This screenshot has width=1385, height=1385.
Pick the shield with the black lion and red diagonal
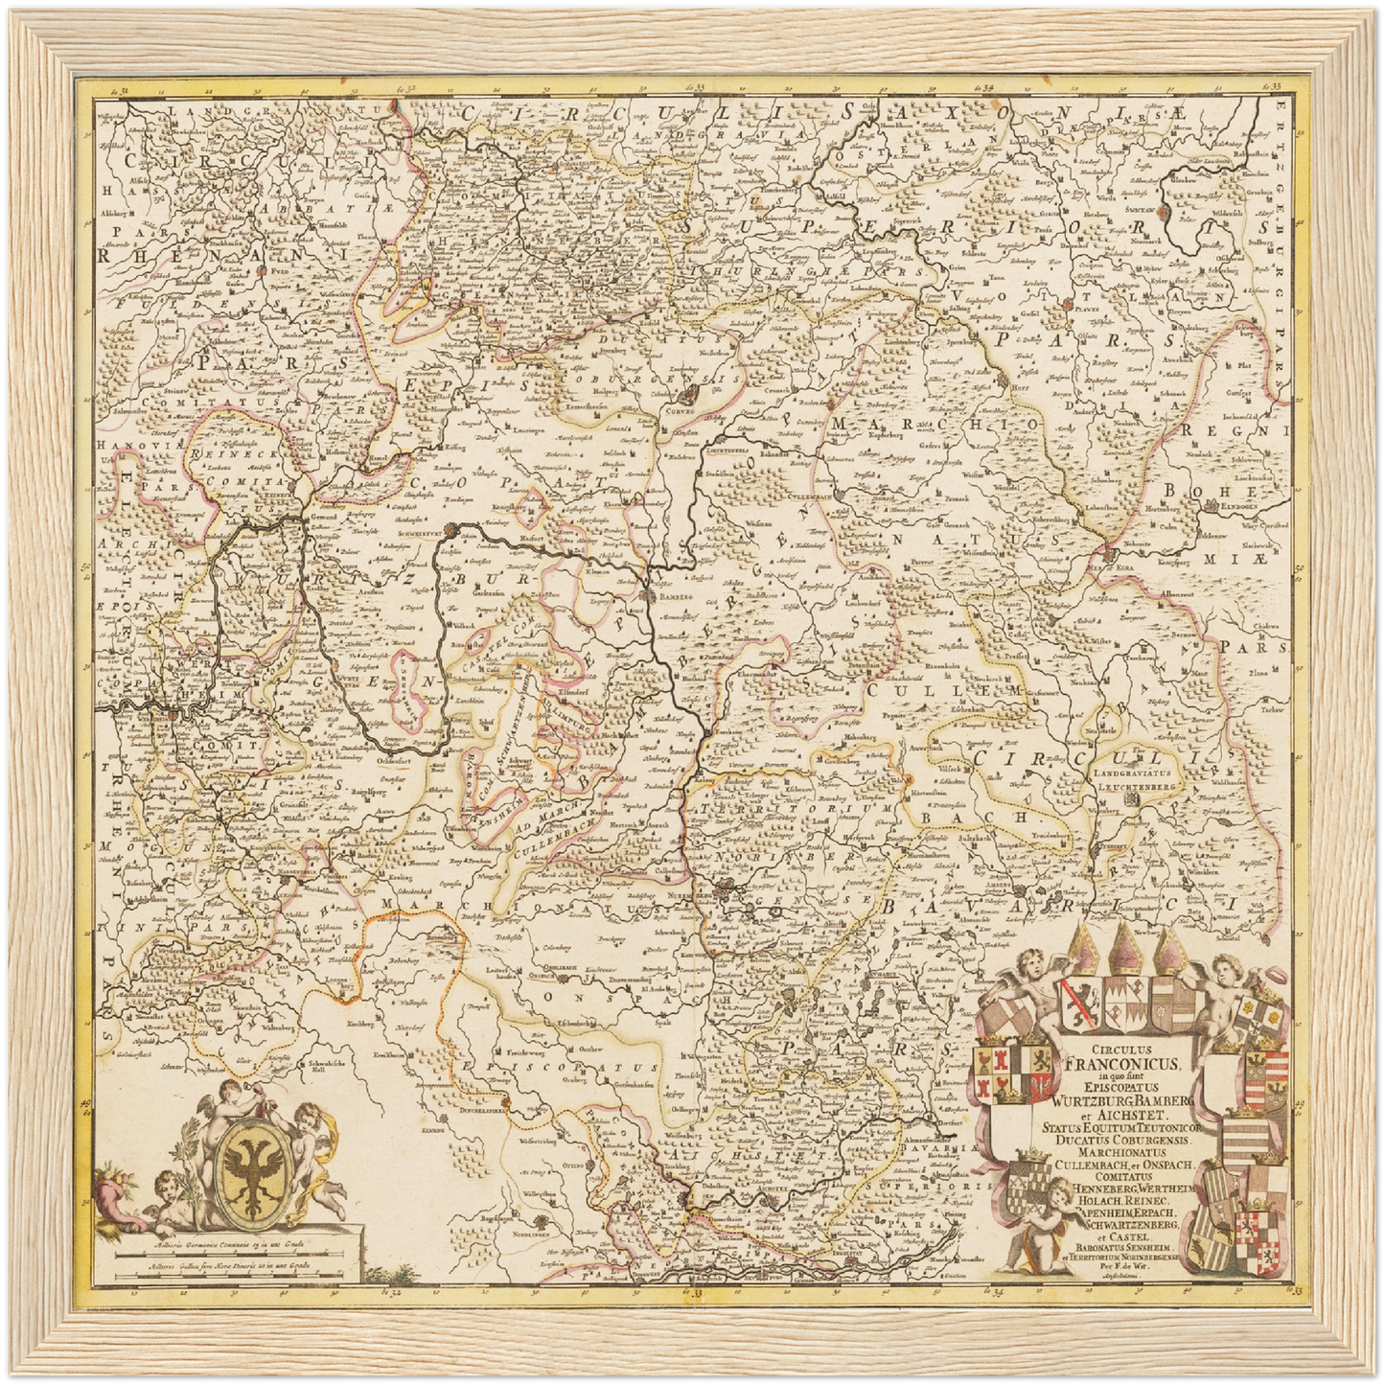[x=1080, y=1002]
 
